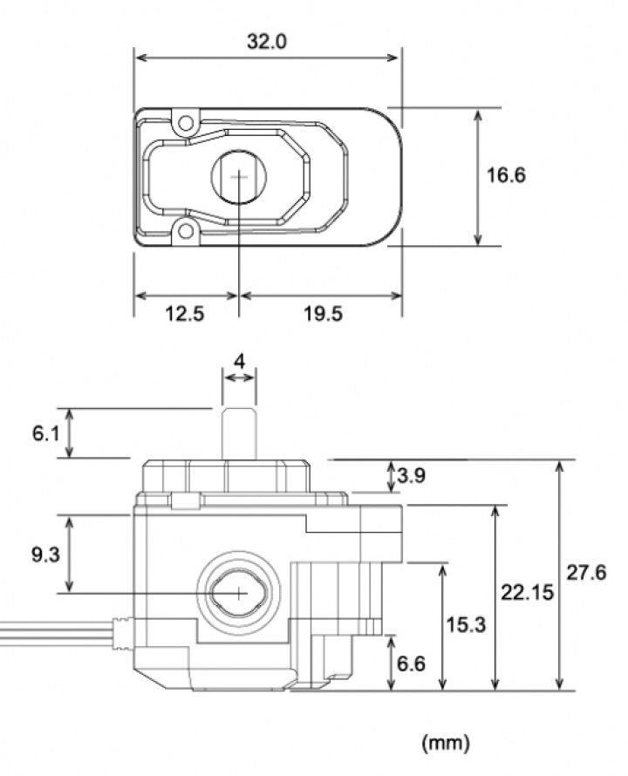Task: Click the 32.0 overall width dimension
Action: [x=268, y=40]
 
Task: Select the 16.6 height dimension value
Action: [x=506, y=175]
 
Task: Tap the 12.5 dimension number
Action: [x=184, y=314]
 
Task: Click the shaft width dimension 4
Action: [x=240, y=358]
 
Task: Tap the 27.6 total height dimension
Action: [x=586, y=574]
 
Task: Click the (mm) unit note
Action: [x=446, y=743]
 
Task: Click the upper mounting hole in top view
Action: [x=184, y=122]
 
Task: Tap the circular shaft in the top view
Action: [x=238, y=175]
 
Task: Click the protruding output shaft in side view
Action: [x=239, y=432]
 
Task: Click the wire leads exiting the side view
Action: [x=52, y=631]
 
